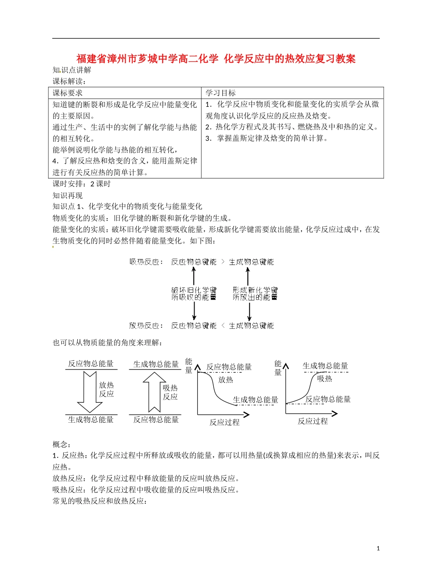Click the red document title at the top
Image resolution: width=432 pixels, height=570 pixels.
(x=216, y=59)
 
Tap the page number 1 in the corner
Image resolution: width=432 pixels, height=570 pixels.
(x=378, y=549)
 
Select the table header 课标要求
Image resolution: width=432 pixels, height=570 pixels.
(x=68, y=93)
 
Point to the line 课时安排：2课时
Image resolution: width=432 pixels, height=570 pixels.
(x=82, y=184)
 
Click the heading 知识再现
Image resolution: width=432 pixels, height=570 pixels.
(x=68, y=196)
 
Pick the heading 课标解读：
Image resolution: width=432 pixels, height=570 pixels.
(x=69, y=81)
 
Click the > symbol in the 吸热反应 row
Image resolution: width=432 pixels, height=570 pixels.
(x=222, y=262)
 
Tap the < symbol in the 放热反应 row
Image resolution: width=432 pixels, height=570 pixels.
(x=222, y=325)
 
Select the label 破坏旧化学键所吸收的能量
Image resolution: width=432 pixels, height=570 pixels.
(x=194, y=294)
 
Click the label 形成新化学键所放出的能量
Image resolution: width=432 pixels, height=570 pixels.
(x=255, y=294)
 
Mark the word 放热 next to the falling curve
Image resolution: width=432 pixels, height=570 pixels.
(x=226, y=380)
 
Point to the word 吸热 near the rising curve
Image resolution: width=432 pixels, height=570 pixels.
(x=324, y=379)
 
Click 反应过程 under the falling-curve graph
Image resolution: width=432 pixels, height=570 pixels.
(x=224, y=422)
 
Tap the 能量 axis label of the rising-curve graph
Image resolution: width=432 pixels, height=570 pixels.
(x=278, y=368)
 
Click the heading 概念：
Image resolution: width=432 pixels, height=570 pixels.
(x=62, y=444)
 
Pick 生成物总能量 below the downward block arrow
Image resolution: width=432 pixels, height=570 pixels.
(x=91, y=420)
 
